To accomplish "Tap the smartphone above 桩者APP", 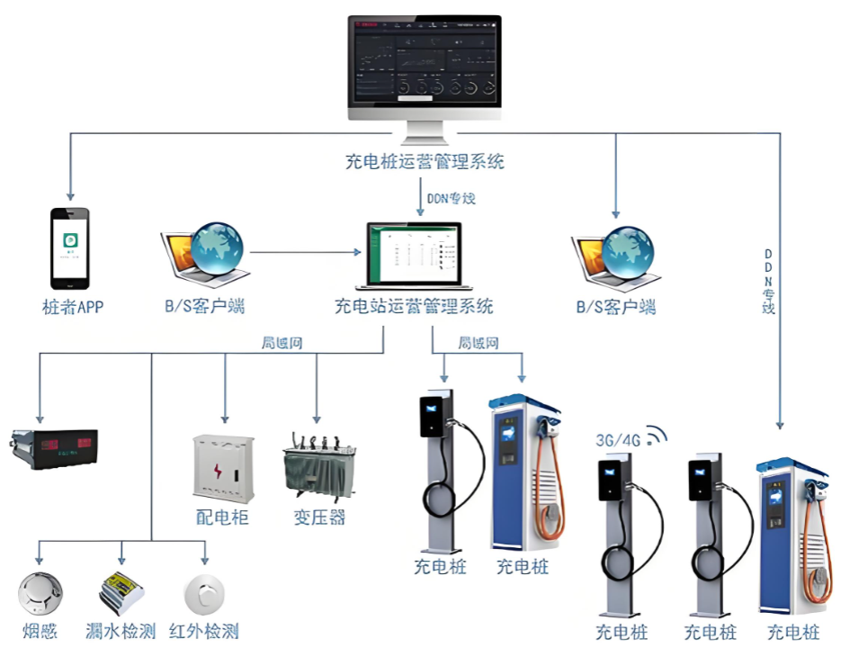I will coord(70,246).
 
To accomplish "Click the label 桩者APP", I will coord(73,308).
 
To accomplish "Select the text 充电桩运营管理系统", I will coord(425,162).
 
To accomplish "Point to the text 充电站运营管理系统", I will coord(415,307).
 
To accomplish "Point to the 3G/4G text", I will coord(618,440).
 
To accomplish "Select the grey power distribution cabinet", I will coord(223,467).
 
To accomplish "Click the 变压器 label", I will coord(319,517).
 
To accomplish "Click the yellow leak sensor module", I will coord(121,590).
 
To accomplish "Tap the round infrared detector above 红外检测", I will coord(205,592).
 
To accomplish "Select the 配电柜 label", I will coord(221,517).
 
